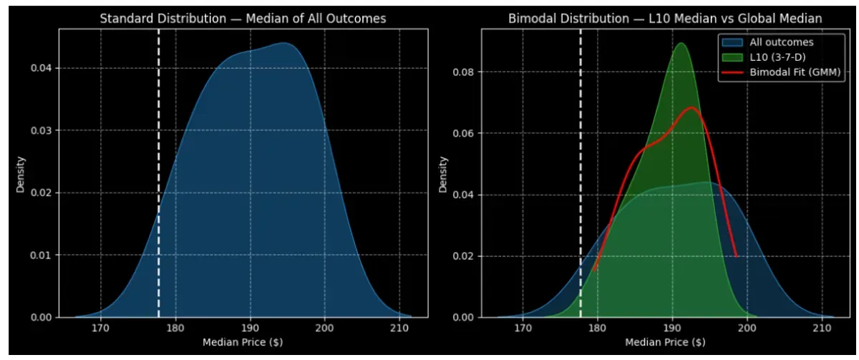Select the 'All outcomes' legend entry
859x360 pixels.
click(x=781, y=42)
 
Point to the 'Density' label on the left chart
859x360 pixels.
click(x=22, y=174)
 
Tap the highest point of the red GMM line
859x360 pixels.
click(x=691, y=108)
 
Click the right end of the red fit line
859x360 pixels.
click(x=736, y=256)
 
